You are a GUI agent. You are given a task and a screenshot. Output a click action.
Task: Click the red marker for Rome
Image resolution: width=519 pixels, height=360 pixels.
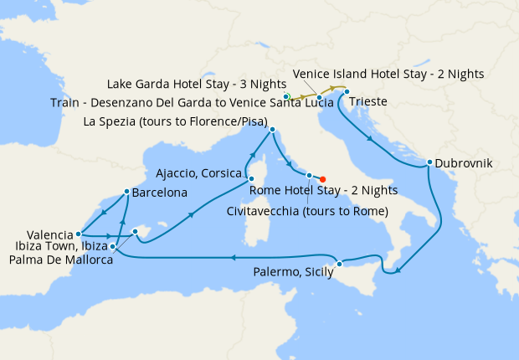pyautogui.click(x=323, y=178)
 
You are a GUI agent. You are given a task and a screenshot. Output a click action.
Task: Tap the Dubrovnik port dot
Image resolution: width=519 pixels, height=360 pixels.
pyautogui.click(x=429, y=162)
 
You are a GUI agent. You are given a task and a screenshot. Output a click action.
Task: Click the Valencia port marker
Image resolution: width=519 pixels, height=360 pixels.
pyautogui.click(x=78, y=234)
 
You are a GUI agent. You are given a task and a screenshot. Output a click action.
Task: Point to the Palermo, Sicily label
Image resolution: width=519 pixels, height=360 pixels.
pyautogui.click(x=292, y=272)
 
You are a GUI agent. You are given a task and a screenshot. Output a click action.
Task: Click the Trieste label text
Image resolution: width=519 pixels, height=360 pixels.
pyautogui.click(x=368, y=102)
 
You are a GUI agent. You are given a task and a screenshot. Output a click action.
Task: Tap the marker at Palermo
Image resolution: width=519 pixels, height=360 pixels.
pyautogui.click(x=339, y=265)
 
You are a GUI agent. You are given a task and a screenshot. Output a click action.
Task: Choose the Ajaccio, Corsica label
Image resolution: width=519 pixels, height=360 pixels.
pyautogui.click(x=200, y=174)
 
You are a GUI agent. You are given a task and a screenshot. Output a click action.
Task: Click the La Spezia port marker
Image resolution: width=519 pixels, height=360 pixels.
pyautogui.click(x=272, y=130)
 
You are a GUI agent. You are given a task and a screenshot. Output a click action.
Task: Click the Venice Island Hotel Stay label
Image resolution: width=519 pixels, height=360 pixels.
pyautogui.click(x=388, y=74)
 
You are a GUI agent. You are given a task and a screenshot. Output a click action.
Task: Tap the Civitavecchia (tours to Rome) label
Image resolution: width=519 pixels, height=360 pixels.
pyautogui.click(x=307, y=211)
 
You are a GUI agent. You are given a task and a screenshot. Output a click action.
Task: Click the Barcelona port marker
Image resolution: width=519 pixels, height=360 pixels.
pyautogui.click(x=126, y=191)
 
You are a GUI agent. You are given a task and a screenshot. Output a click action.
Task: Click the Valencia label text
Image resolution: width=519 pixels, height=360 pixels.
pyautogui.click(x=39, y=234)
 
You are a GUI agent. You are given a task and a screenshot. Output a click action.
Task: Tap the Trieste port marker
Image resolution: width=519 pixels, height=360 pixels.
pyautogui.click(x=347, y=91)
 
